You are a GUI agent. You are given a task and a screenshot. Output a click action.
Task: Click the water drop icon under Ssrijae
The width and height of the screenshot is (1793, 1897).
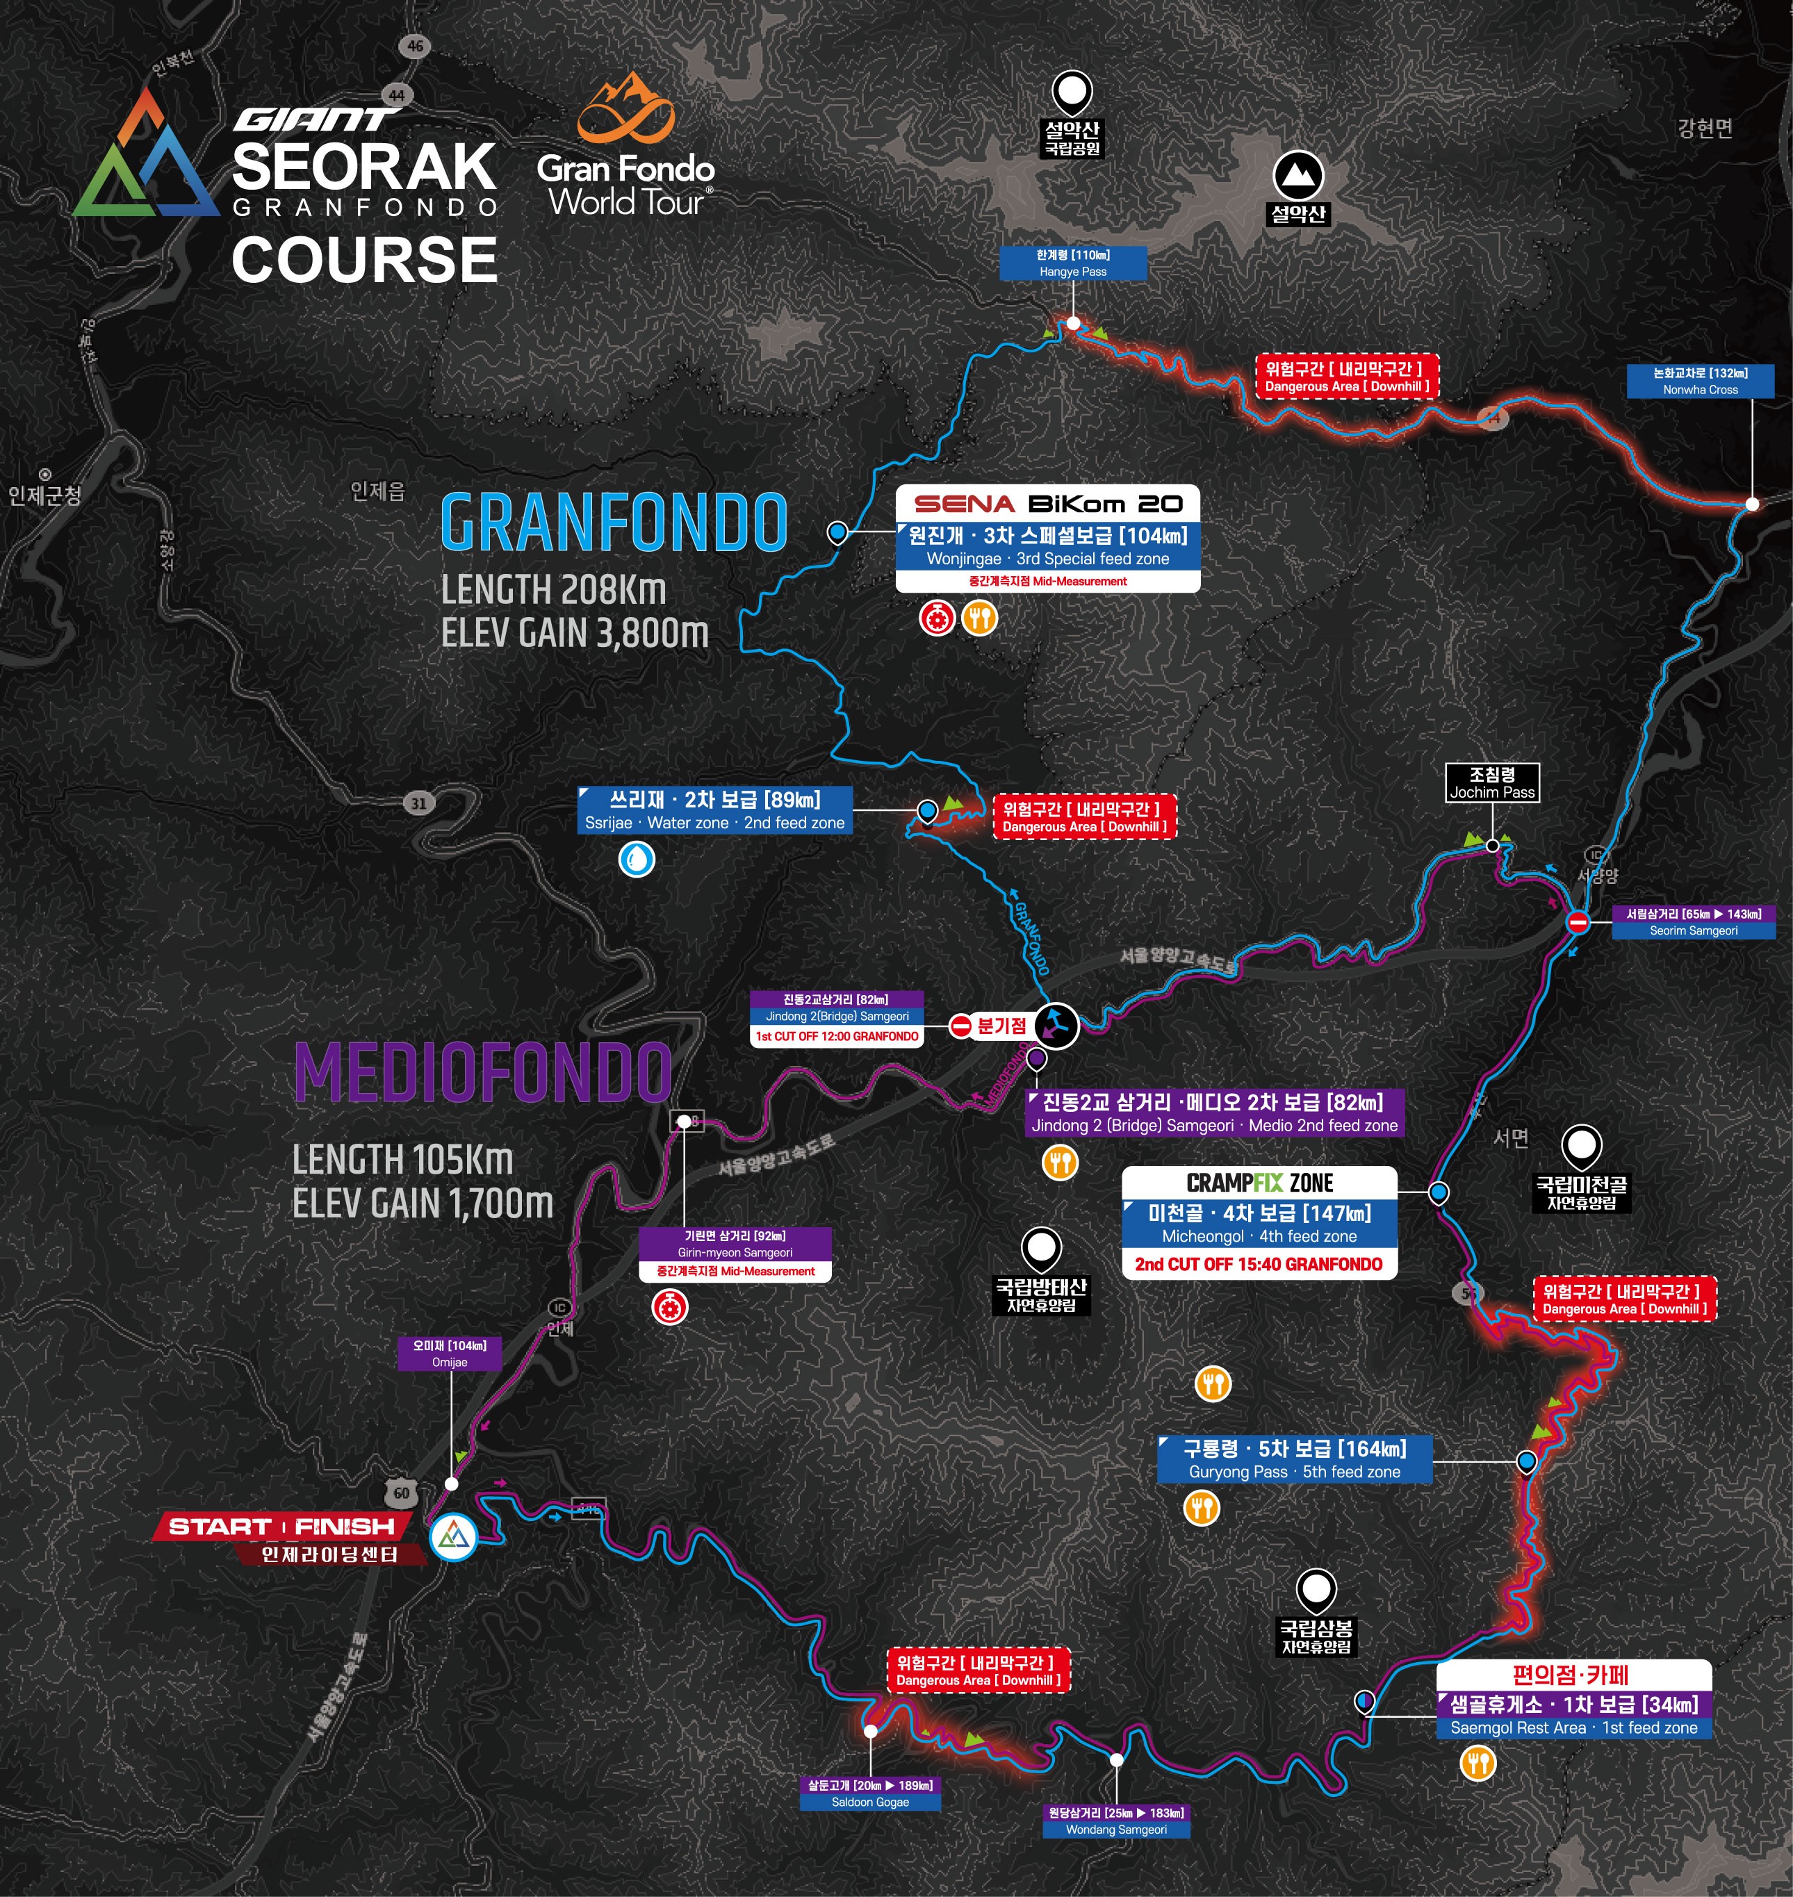pos(637,858)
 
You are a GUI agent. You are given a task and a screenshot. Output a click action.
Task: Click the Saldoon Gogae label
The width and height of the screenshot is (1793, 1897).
pos(869,1793)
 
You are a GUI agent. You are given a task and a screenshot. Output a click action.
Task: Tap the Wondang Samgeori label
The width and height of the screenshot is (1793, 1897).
pos(1116,1821)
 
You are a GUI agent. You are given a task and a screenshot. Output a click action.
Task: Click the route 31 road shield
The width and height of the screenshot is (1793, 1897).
pos(418,803)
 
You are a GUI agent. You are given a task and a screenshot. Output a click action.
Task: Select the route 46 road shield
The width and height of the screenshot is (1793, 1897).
pos(415,46)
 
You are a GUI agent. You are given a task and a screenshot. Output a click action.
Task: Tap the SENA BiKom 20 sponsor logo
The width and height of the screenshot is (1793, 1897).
pos(1047,504)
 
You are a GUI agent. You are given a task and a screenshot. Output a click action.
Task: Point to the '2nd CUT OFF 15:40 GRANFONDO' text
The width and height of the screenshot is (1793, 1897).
pos(1258,1265)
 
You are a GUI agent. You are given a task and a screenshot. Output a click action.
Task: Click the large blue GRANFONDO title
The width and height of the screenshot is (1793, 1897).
pos(614,523)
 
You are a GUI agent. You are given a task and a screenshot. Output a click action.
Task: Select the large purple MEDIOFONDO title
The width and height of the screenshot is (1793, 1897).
pos(483,1072)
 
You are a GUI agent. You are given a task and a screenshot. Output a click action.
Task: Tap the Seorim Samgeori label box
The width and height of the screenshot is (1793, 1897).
pos(1693,922)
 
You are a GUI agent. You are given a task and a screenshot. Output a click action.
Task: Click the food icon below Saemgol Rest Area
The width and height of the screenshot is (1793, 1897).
pos(1477,1762)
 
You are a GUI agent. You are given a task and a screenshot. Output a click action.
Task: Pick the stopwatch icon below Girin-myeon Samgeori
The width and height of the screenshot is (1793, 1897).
pos(670,1306)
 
